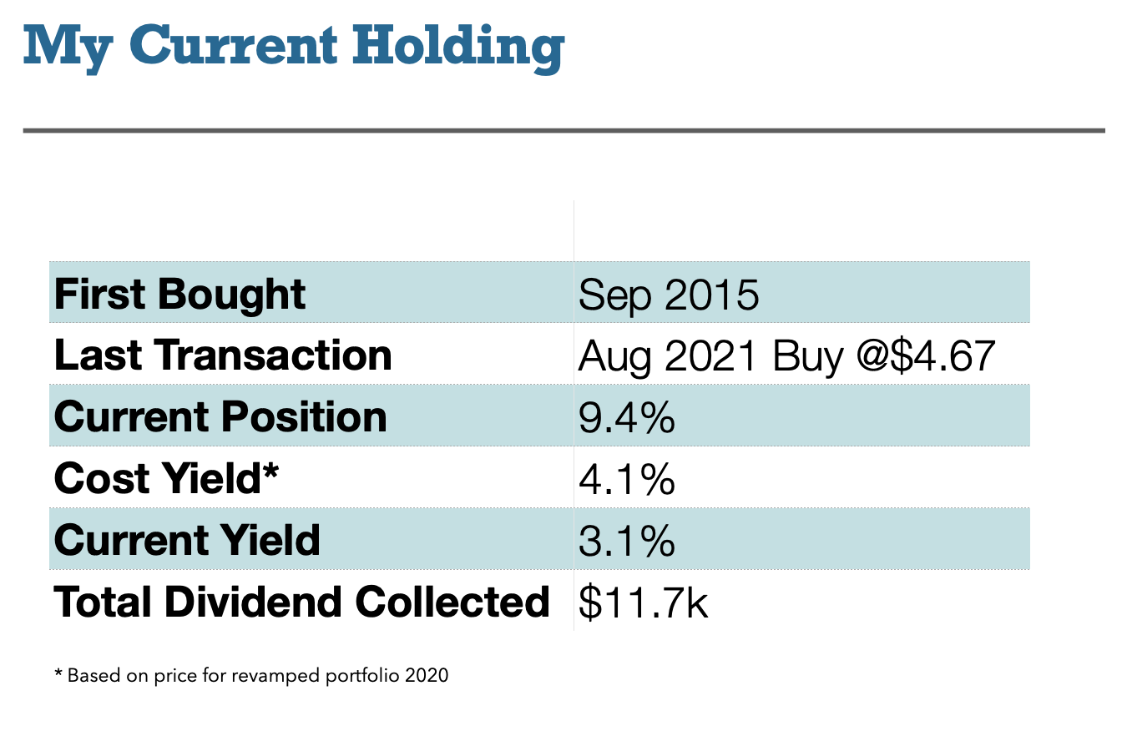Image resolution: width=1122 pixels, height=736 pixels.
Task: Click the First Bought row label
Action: tap(179, 294)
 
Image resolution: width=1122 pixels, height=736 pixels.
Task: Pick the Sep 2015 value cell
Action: tap(669, 294)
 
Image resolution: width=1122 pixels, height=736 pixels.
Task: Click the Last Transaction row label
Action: tap(223, 355)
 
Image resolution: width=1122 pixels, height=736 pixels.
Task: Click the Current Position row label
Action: tap(220, 416)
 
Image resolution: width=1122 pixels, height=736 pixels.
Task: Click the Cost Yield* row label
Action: tap(165, 478)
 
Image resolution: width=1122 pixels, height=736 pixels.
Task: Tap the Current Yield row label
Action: tap(187, 540)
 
